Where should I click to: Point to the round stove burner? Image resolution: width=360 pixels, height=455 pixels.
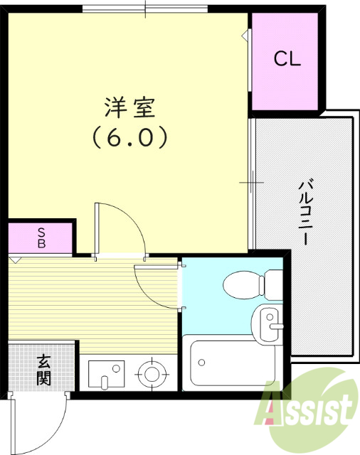151,373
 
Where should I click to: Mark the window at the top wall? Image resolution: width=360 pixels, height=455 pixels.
145,9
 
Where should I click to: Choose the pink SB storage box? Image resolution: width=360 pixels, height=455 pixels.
41,238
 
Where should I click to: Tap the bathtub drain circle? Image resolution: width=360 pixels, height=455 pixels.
202,363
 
